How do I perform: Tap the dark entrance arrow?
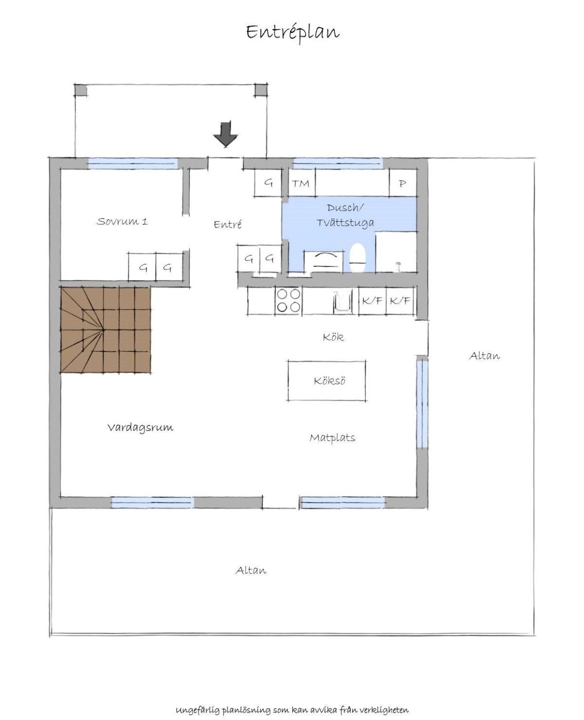pyautogui.click(x=226, y=134)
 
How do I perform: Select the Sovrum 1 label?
pyautogui.click(x=122, y=221)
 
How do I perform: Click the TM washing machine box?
pyautogui.click(x=301, y=183)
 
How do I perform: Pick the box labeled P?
pyautogui.click(x=402, y=183)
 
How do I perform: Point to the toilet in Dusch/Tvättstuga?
pyautogui.click(x=358, y=258)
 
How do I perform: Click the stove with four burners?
pyautogui.click(x=289, y=300)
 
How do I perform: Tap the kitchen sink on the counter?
pyautogui.click(x=343, y=300)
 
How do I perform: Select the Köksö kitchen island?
pyautogui.click(x=327, y=381)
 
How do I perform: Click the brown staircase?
pyautogui.click(x=105, y=330)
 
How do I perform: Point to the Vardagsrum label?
pyautogui.click(x=141, y=427)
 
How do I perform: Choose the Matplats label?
pyautogui.click(x=332, y=438)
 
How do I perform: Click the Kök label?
pyautogui.click(x=333, y=337)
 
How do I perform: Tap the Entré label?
pyautogui.click(x=228, y=224)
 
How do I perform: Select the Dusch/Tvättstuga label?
pyautogui.click(x=346, y=215)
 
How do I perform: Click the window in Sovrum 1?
pyautogui.click(x=133, y=164)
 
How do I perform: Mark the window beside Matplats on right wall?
pyautogui.click(x=422, y=404)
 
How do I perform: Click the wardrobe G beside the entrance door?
pyautogui.click(x=268, y=183)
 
